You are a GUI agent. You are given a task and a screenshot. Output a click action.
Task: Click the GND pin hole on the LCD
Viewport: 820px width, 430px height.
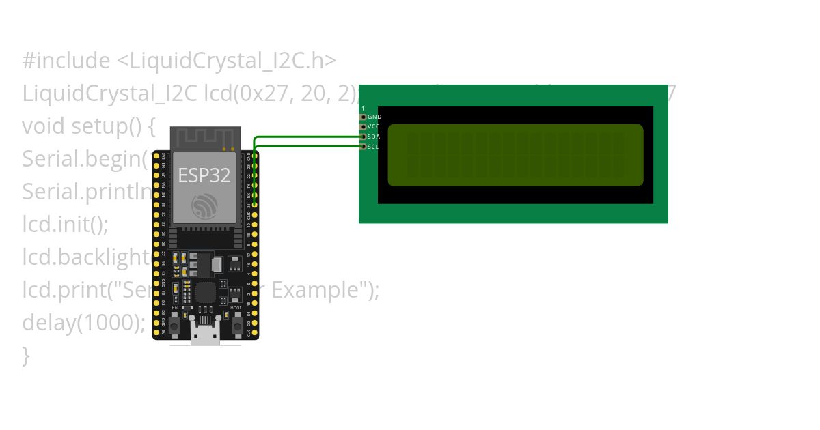click(364, 117)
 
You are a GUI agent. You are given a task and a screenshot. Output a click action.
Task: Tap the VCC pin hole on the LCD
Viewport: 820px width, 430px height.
click(364, 126)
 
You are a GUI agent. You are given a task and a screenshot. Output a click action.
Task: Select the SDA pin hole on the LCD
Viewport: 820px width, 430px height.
click(364, 137)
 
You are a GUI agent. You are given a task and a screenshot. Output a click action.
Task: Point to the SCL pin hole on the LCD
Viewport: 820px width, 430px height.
click(364, 146)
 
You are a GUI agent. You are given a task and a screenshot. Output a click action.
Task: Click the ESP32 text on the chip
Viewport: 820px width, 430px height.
click(204, 175)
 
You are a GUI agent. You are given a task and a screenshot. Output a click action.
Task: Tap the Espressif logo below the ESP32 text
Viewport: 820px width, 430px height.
click(204, 205)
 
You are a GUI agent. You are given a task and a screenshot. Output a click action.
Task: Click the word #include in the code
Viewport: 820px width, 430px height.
click(66, 61)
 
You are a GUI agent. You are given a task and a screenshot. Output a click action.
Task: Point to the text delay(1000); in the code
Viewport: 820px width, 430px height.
click(83, 322)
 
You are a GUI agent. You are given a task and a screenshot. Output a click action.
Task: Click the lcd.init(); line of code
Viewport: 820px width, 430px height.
click(65, 224)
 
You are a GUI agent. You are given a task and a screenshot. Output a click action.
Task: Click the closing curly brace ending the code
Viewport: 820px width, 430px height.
click(26, 355)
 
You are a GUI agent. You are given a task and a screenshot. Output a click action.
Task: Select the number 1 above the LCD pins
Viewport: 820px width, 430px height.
click(363, 109)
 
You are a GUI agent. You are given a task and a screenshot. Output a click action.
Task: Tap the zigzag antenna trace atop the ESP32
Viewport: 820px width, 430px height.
click(204, 139)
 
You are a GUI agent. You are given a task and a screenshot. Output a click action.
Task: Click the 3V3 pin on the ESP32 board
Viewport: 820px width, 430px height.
click(156, 156)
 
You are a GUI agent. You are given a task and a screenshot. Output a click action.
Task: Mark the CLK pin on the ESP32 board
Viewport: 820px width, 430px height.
click(255, 334)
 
